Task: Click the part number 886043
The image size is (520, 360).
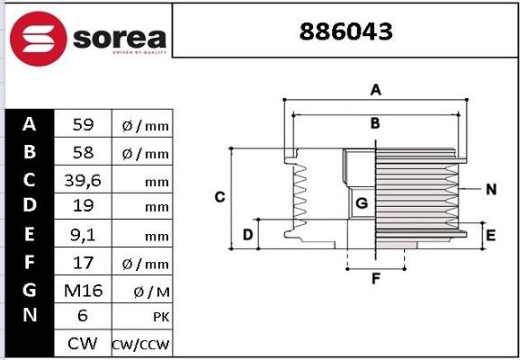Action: [345, 32]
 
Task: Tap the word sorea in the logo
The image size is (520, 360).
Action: [119, 38]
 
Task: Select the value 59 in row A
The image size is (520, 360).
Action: [82, 124]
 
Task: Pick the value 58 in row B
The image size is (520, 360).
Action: [82, 152]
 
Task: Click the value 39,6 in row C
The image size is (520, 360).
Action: [82, 180]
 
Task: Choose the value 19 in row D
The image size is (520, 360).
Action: [82, 206]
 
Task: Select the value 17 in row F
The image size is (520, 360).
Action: [82, 262]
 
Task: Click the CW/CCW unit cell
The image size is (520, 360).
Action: [140, 345]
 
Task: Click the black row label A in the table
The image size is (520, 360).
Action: [30, 124]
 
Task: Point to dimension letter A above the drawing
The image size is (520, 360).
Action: [376, 89]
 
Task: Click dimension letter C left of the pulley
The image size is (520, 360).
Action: [219, 197]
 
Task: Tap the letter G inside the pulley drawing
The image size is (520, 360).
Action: [361, 203]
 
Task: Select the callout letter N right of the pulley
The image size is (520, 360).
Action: [490, 189]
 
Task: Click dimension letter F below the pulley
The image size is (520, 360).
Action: [376, 278]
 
